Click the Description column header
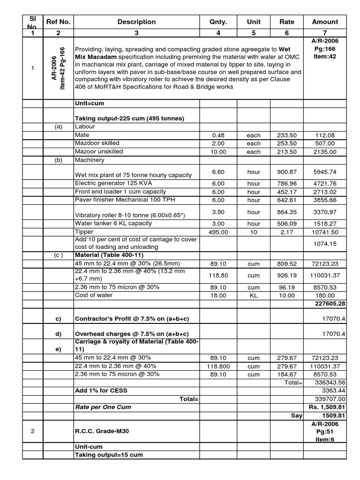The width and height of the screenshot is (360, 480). click(136, 22)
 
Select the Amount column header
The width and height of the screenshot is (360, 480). click(324, 22)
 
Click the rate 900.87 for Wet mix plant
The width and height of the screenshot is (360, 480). click(287, 172)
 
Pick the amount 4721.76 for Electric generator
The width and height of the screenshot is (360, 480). click(324, 183)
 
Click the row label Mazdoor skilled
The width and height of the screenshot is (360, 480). click(97, 143)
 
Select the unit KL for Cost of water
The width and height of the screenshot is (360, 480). click(254, 295)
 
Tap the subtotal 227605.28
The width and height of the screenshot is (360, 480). click(328, 304)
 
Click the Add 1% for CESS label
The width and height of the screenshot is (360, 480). click(101, 390)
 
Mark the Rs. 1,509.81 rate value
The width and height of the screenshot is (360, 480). click(327, 407)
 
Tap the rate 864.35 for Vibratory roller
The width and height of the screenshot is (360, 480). click(287, 212)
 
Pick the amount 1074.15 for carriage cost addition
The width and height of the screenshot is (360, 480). click(324, 244)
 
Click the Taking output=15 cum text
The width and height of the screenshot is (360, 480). click(109, 455)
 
